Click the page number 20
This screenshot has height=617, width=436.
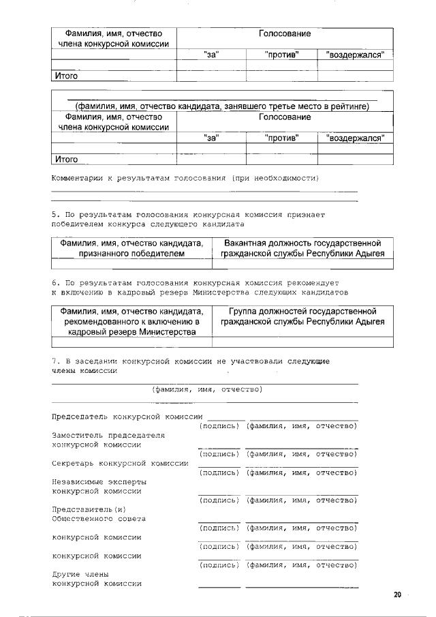pyautogui.click(x=397, y=595)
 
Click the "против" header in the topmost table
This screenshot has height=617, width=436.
pyautogui.click(x=281, y=55)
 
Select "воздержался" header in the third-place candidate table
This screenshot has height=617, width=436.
pyautogui.click(x=355, y=138)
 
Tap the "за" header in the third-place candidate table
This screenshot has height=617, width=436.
pyautogui.click(x=211, y=138)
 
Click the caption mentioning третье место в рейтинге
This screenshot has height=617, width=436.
pyautogui.click(x=222, y=106)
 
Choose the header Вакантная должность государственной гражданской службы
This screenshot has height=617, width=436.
pyautogui.click(x=302, y=248)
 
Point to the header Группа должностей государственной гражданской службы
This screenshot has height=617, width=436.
pyautogui.click(x=302, y=316)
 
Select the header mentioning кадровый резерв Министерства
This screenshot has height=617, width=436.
pyautogui.click(x=131, y=322)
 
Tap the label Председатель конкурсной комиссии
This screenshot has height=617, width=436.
pyautogui.click(x=127, y=417)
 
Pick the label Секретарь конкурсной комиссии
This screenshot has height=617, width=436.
pyautogui.click(x=120, y=464)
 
